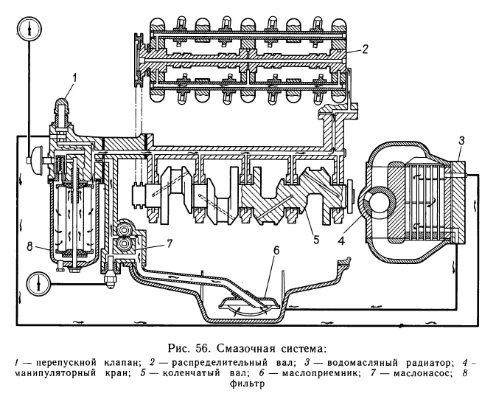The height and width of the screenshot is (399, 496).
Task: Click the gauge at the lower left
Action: click(32, 281)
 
